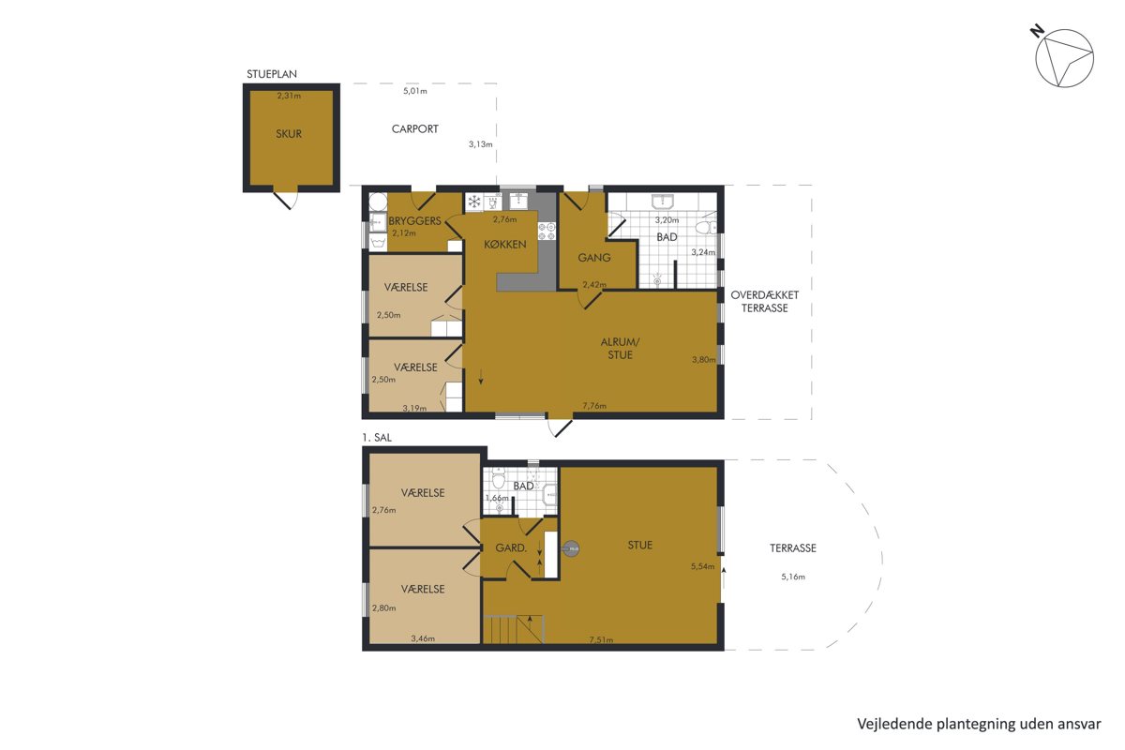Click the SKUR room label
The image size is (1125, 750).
[x=289, y=134]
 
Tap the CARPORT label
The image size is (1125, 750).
[x=414, y=129]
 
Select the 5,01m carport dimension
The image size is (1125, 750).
[x=414, y=91]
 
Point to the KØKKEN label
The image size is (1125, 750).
[x=504, y=245]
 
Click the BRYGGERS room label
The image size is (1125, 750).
[x=414, y=220]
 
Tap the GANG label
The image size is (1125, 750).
[x=594, y=258]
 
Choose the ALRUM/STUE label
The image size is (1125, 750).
[x=621, y=348]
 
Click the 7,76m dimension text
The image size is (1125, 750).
[x=594, y=405]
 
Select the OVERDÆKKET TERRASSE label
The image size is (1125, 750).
[x=764, y=302]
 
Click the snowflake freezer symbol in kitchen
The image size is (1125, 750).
[x=473, y=202]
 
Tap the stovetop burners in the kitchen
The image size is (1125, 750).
[x=547, y=232]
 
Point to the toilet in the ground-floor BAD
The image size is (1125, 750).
[x=706, y=227]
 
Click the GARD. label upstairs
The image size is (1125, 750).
[x=511, y=548]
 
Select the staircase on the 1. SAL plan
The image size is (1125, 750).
[x=514, y=629]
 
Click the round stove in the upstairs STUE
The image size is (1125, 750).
[x=571, y=549]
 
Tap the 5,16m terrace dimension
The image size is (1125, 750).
[x=793, y=577]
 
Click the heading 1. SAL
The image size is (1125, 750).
[x=377, y=438]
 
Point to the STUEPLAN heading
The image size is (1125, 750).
[x=271, y=74]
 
